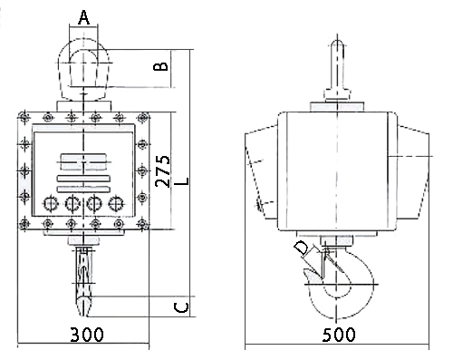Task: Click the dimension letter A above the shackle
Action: [83, 17]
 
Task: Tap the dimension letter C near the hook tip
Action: [181, 307]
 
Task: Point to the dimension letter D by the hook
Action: [302, 248]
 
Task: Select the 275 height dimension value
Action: [162, 171]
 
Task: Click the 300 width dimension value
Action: [87, 335]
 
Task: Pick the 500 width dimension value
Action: [339, 335]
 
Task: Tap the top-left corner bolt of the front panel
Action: [24, 117]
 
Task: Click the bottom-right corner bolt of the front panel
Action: [142, 224]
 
